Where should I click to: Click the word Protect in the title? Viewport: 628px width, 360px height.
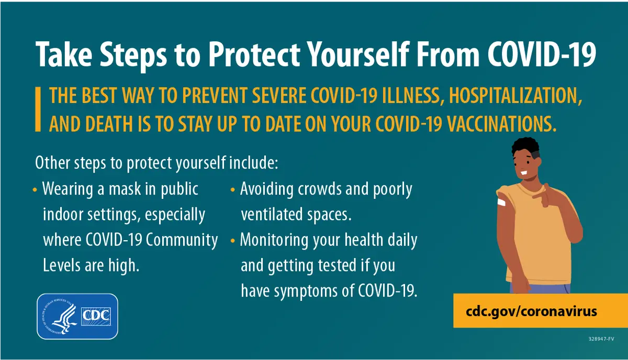[254, 54]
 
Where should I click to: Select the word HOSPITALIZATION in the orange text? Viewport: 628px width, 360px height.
[515, 96]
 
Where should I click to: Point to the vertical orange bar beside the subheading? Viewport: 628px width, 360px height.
[38, 109]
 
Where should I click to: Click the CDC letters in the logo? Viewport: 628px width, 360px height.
[96, 316]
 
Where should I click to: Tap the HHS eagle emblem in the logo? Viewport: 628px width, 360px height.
[61, 316]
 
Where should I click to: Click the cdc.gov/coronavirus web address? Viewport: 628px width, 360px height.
[531, 311]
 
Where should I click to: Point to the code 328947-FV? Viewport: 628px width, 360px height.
[601, 339]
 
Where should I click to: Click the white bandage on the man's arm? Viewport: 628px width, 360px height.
[501, 202]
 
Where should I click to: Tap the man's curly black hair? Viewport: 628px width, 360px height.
[525, 147]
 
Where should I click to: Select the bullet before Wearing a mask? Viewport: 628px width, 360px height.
[35, 190]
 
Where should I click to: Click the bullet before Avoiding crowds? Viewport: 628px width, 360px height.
[232, 190]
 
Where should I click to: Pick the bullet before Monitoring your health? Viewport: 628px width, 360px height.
[232, 241]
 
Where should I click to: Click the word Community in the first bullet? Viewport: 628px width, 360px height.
[182, 240]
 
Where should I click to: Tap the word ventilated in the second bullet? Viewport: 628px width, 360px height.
[272, 215]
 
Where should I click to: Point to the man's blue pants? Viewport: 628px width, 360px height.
[540, 288]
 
